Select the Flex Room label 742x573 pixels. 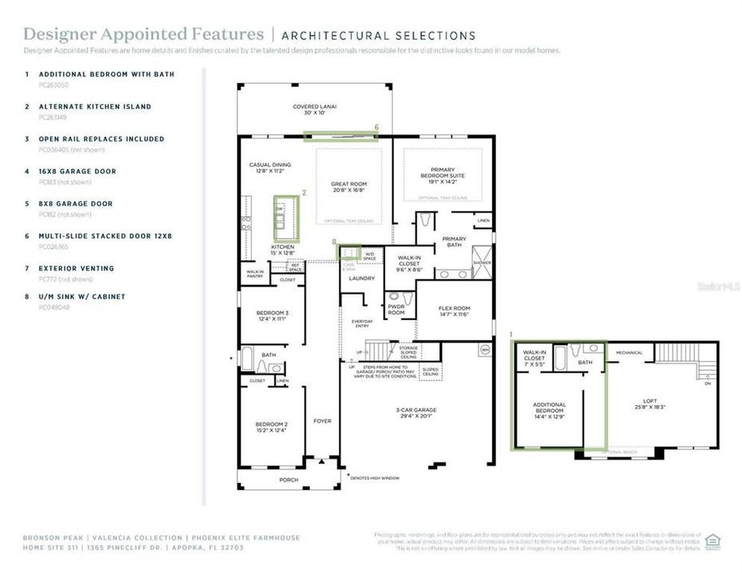coord(454,311)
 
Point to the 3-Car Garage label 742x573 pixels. coord(417,412)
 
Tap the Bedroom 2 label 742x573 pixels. coord(270,427)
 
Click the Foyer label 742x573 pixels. coord(322,421)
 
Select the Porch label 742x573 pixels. coord(287,480)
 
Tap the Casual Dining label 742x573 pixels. coord(268,168)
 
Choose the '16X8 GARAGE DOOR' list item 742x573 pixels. coord(77,171)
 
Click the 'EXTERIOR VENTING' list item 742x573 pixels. coord(76,268)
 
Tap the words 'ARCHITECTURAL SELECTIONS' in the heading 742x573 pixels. coord(379,36)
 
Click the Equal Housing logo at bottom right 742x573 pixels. coord(713,542)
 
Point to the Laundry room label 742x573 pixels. coord(361,279)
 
